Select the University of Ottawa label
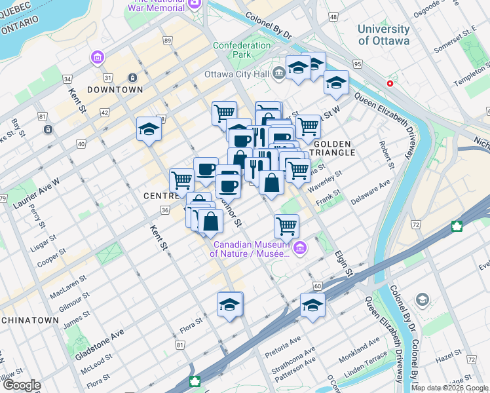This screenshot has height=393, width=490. coord(383,35)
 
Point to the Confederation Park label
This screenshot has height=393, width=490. coord(242,50)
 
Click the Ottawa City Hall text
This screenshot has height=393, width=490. coord(237,73)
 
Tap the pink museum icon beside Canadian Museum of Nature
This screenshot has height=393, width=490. coord(301,247)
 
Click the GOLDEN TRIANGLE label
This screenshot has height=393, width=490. coord(334,147)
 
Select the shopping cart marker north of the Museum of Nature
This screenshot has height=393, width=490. coord(286,226)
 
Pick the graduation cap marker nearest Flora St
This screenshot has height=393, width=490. coord(230,305)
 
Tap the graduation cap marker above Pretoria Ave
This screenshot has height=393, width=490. coord(312,306)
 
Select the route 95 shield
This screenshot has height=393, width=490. coord(357,64)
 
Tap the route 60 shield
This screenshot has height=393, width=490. coord(318,286)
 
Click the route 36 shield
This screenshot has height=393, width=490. coord(164,210)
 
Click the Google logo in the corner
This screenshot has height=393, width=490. coord(21,385)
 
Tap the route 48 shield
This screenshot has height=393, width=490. coord(334,16)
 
